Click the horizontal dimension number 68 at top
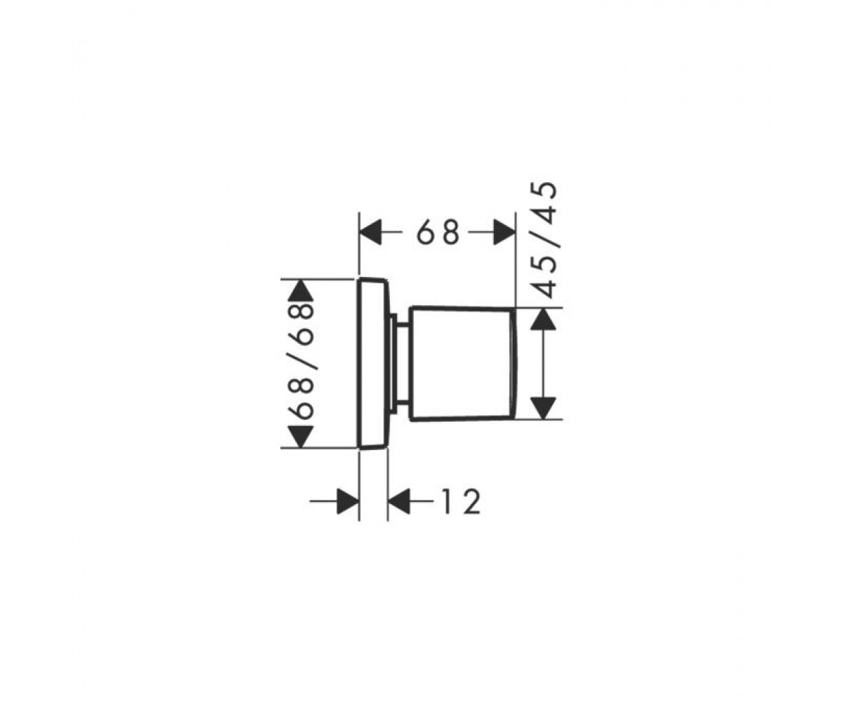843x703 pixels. point(438,232)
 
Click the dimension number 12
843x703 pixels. point(462,502)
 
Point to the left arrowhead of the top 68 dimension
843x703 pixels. point(370,232)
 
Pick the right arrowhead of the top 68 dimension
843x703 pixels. point(504,232)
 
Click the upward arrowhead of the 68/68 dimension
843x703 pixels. point(301,290)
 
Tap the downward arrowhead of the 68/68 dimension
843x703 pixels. point(301,437)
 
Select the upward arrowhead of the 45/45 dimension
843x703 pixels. point(544,319)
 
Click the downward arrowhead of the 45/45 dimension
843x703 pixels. point(544,408)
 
